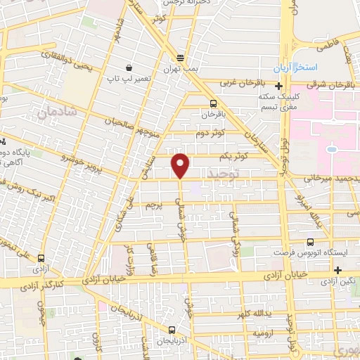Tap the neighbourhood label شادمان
coord(51,110)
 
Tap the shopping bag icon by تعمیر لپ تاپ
coord(129,67)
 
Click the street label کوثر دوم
coord(210,131)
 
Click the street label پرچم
coord(153,205)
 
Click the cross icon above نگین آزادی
coord(338,270)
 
